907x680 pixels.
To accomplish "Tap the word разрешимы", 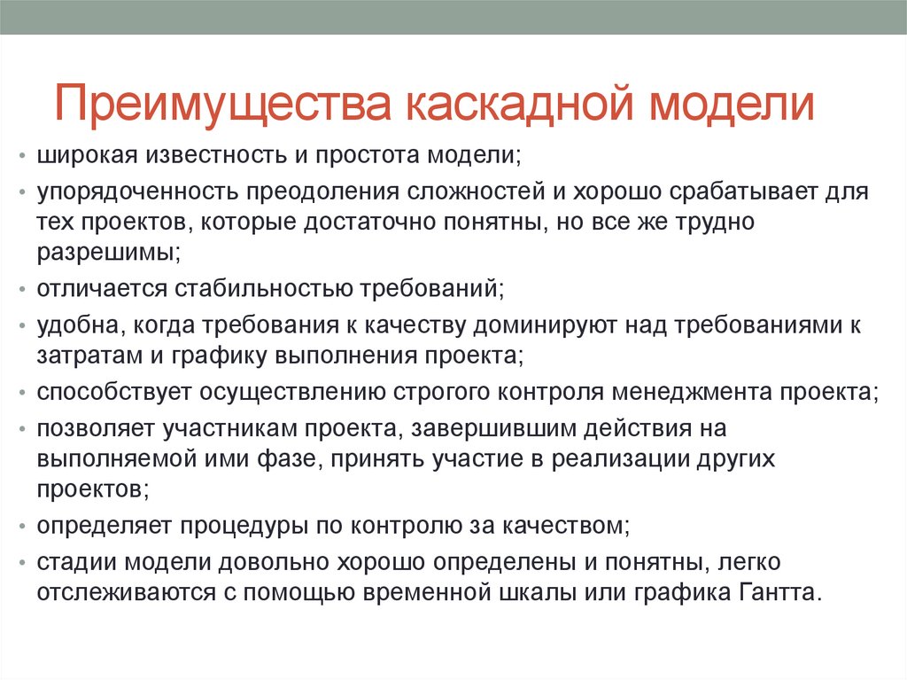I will tap(105, 252).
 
